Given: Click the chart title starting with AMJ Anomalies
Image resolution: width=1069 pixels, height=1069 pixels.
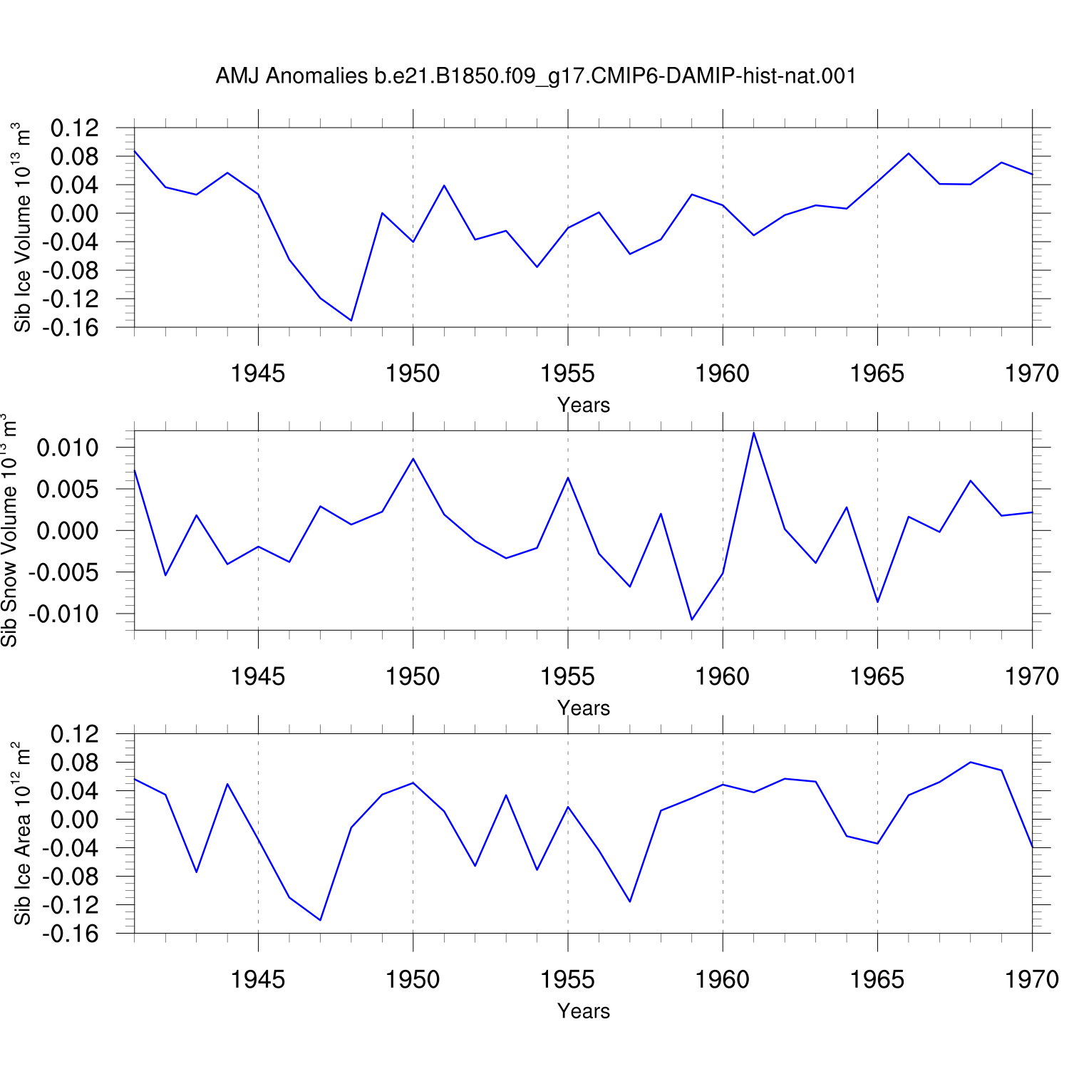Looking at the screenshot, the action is [536, 76].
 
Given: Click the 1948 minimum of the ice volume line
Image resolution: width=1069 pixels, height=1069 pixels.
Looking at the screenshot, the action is [351, 320].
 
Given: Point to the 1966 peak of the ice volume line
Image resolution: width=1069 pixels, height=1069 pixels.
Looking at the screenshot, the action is [909, 153].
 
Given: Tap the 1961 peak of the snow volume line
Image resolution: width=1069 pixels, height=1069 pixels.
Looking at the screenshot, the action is [754, 433].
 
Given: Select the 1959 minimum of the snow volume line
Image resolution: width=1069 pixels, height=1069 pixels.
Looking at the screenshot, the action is [692, 619].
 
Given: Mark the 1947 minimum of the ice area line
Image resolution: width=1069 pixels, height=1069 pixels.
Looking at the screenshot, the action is [320, 920].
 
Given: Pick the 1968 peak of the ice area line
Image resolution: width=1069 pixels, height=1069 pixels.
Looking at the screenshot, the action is [971, 763].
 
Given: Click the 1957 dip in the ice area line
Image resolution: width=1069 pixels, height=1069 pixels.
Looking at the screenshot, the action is [630, 902].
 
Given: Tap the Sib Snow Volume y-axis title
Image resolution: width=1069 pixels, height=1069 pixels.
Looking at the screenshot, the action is [9, 530].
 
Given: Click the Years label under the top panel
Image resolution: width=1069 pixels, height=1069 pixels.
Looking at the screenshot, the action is [584, 405].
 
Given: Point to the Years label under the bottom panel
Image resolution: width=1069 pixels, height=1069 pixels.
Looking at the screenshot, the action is [584, 1011].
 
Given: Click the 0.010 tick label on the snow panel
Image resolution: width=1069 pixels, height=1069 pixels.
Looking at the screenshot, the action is [68, 448].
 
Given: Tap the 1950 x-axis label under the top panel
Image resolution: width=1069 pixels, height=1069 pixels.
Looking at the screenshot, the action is [413, 373].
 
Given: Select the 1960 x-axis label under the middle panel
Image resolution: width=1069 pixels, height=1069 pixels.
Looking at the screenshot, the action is [723, 676].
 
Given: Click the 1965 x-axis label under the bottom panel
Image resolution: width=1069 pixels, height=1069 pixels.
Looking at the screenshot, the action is [877, 979].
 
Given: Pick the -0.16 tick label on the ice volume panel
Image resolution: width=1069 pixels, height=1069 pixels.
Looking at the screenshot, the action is [70, 328].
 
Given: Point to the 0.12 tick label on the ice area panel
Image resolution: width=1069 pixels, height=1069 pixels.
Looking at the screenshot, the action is [75, 734].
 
